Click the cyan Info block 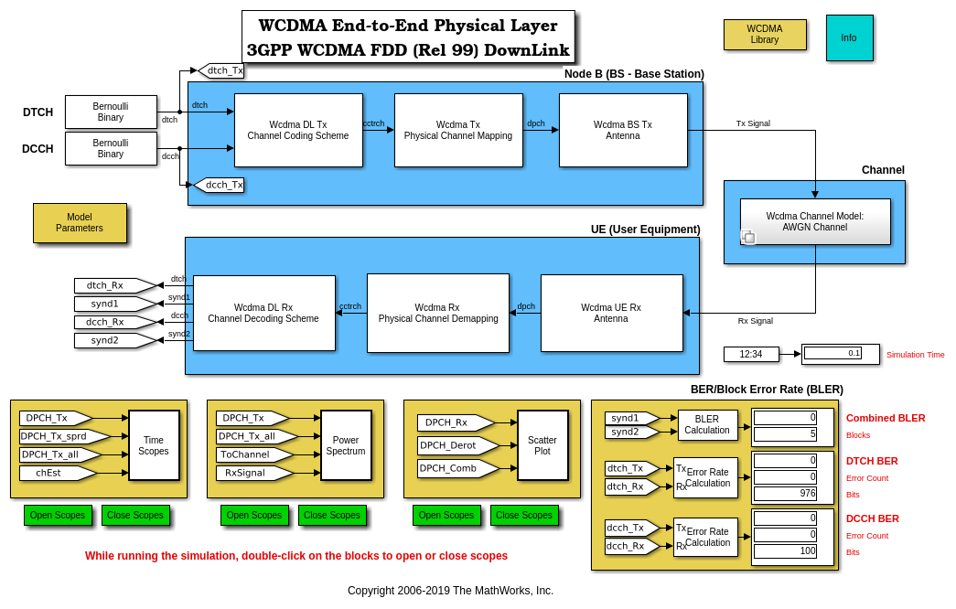click(849, 37)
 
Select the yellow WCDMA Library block click(765, 35)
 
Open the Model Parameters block click(80, 223)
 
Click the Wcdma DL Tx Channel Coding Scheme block click(298, 130)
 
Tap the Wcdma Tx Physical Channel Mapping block click(458, 130)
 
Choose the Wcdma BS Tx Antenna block click(623, 130)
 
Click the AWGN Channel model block click(815, 221)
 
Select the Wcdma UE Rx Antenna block click(611, 313)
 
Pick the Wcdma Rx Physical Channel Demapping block click(438, 313)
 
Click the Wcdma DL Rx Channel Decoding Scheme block click(263, 313)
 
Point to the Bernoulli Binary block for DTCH click(111, 112)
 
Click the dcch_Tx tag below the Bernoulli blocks click(220, 185)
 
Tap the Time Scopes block click(154, 445)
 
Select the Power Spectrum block click(346, 445)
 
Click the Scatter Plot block click(542, 445)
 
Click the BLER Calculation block click(707, 424)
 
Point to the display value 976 click(785, 494)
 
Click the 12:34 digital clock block click(751, 354)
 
